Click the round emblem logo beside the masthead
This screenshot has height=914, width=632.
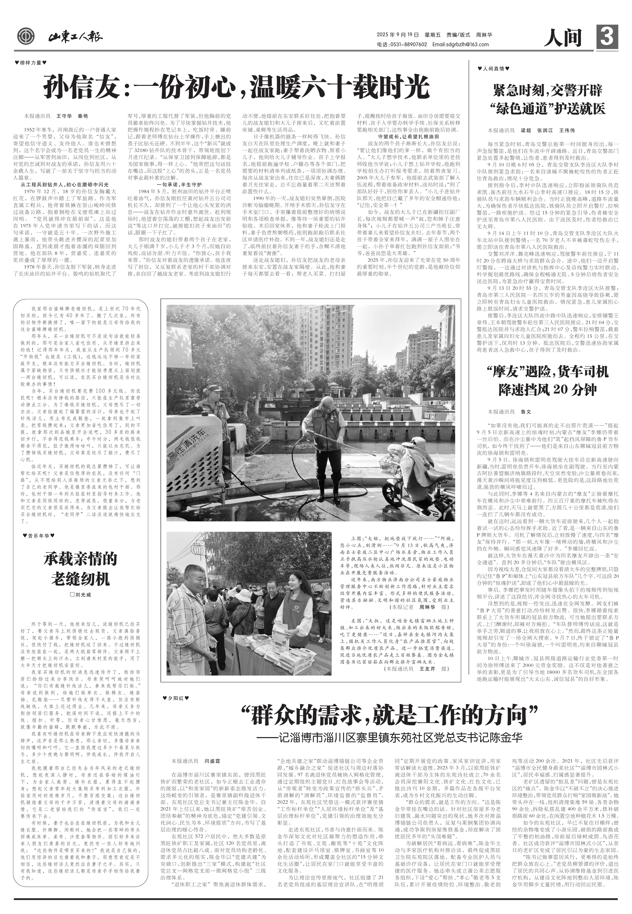[x=26, y=37]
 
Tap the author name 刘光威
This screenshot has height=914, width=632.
[x=80, y=594]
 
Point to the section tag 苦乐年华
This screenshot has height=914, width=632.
[x=38, y=535]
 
